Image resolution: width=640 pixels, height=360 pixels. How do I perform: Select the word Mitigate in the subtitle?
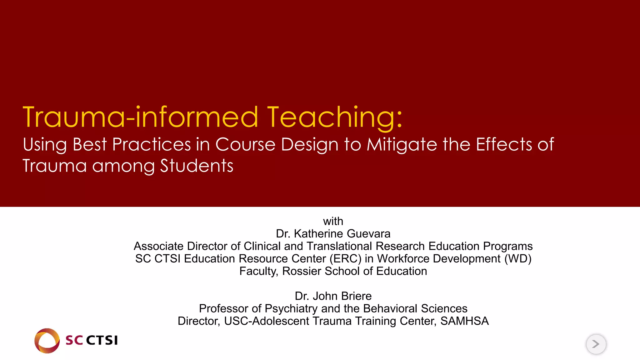point(402,145)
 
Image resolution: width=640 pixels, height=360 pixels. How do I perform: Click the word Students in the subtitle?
point(197,166)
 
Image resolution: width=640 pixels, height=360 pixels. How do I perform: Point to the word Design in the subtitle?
point(309,145)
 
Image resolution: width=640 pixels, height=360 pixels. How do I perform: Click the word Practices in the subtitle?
point(151,145)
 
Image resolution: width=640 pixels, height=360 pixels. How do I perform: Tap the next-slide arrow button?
point(596,344)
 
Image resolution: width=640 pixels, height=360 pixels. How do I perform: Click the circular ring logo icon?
point(47,341)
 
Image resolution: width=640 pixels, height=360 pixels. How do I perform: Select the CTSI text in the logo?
point(102,340)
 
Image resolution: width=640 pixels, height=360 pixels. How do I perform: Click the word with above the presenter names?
point(333,221)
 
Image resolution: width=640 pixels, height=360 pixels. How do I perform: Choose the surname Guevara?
point(368,234)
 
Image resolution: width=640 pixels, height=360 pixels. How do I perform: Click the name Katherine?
point(318,234)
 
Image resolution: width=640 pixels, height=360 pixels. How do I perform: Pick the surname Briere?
point(356,296)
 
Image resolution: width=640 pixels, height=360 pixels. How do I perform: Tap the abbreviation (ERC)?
point(345,259)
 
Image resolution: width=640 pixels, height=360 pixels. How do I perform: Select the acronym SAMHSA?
point(464,321)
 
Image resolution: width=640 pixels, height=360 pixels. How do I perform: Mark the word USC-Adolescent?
point(267,321)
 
